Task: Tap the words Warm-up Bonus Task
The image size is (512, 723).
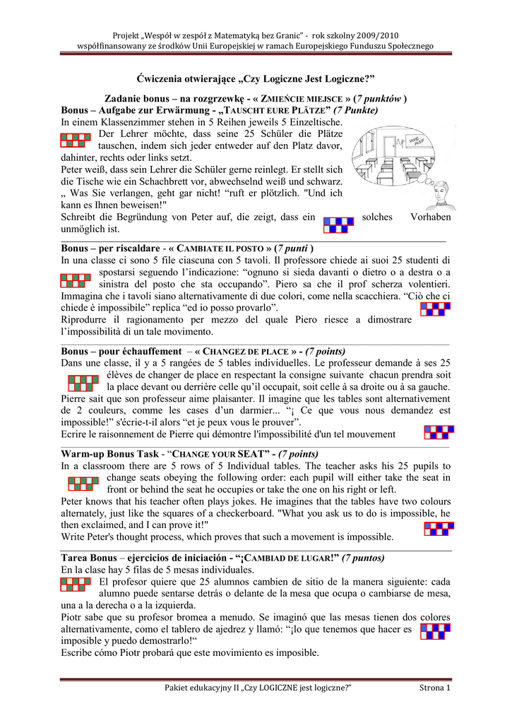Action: click(x=109, y=453)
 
